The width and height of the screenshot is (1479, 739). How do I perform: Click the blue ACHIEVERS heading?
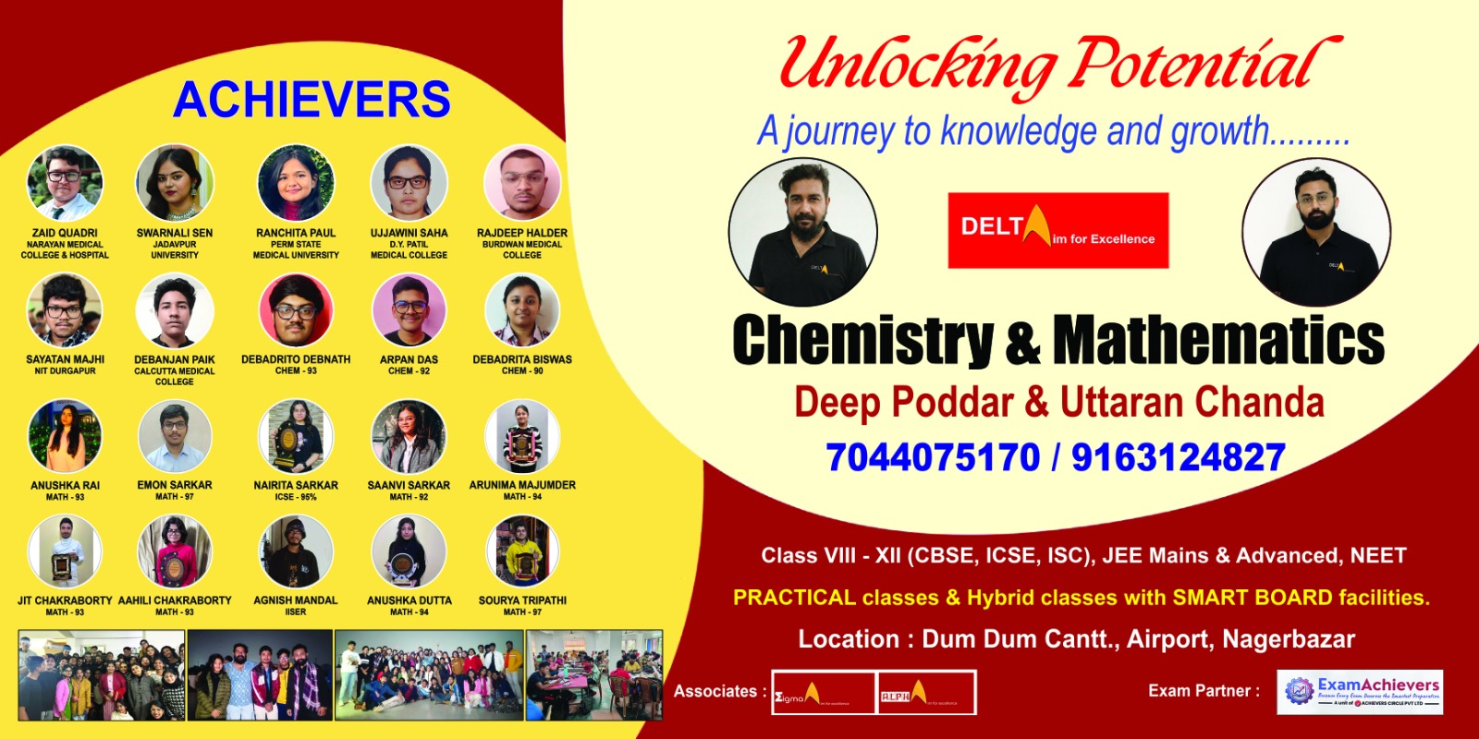coord(312,100)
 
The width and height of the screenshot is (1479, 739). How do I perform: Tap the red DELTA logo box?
coord(1057,230)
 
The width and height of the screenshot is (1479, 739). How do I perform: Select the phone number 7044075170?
coord(933,457)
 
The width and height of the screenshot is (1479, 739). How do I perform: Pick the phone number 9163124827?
coord(1178,457)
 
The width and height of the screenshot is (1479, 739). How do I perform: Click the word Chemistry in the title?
coord(862,340)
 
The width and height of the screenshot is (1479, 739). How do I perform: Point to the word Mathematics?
coord(1218,340)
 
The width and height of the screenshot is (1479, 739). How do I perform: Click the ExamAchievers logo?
coord(1360,692)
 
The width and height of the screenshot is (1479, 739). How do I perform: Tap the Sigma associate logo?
coord(823,693)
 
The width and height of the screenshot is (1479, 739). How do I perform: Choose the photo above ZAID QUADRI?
coord(65,183)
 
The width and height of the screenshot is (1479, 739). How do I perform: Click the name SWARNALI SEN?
coord(175,233)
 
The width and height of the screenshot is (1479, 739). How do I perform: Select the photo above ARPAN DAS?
coord(409,310)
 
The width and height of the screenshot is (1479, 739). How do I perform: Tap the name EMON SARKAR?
coord(175,485)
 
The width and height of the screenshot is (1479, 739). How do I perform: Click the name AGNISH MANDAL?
coord(296,600)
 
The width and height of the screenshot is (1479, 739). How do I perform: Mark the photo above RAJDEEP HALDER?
coord(522,183)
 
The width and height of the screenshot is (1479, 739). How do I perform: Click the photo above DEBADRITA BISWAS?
coord(522,310)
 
